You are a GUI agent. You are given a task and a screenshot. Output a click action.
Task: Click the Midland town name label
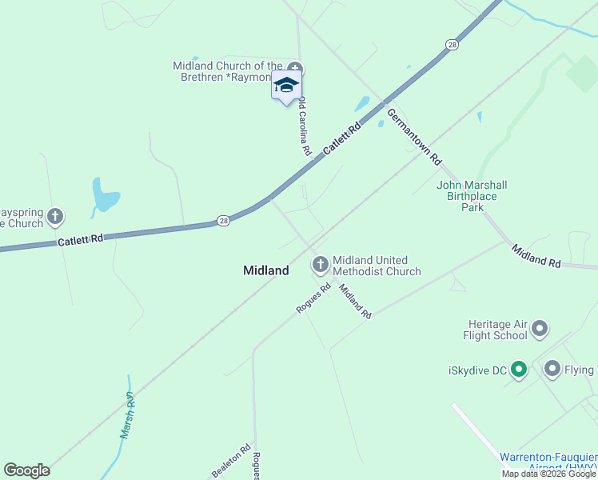click(x=266, y=270)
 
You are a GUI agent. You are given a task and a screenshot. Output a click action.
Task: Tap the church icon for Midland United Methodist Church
click(x=321, y=263)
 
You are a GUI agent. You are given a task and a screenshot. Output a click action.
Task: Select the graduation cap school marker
click(x=285, y=86)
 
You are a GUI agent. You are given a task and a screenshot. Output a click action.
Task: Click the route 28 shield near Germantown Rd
click(x=452, y=45)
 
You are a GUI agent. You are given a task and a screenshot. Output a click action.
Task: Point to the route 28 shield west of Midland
click(x=224, y=220)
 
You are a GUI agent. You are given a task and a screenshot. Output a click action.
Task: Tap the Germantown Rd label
click(x=414, y=137)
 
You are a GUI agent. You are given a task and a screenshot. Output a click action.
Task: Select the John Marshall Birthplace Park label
click(x=472, y=196)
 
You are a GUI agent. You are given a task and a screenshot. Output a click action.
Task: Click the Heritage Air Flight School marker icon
click(x=540, y=328)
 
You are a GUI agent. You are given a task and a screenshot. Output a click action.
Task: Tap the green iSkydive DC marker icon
click(x=518, y=370)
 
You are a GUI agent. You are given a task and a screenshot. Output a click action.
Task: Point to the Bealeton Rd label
click(x=231, y=462)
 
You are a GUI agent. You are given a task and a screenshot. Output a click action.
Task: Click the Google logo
click(x=26, y=471)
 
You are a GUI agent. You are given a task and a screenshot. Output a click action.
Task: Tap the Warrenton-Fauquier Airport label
click(x=548, y=462)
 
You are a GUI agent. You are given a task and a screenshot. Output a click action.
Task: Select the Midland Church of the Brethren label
click(x=229, y=71)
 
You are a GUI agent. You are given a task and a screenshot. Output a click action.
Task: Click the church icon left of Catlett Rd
click(x=54, y=215)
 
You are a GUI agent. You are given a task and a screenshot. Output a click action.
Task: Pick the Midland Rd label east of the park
click(x=536, y=256)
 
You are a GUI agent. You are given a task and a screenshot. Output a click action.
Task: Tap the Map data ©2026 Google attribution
click(x=549, y=474)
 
